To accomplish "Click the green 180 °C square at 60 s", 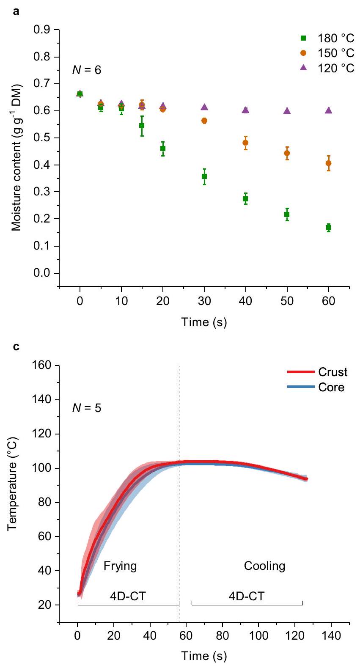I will pyautogui.click(x=328, y=228).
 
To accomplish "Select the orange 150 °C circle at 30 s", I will pyautogui.click(x=204, y=121).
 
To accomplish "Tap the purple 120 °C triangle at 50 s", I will pyautogui.click(x=287, y=110).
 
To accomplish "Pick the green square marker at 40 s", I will pyautogui.click(x=245, y=199).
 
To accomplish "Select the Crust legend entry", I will pyautogui.click(x=317, y=372).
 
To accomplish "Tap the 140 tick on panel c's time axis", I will pyautogui.click(x=331, y=636).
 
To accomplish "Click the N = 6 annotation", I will pyautogui.click(x=87, y=70).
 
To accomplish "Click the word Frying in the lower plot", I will pyautogui.click(x=120, y=566).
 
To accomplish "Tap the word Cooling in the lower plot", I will pyautogui.click(x=265, y=566).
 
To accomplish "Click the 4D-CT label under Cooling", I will pyautogui.click(x=247, y=597).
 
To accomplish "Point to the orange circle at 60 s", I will pyautogui.click(x=328, y=163).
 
